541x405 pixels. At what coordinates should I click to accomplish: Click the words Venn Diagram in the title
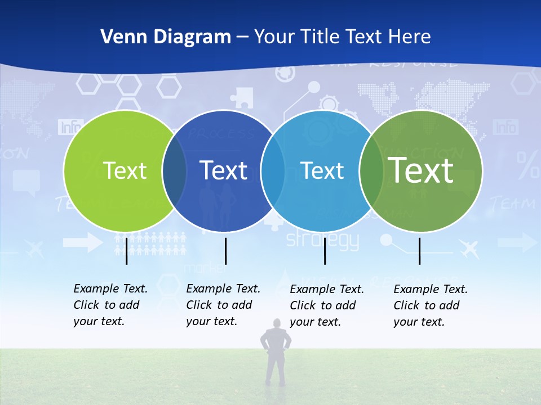coord(166,37)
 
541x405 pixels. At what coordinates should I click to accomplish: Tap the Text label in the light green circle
coord(125,170)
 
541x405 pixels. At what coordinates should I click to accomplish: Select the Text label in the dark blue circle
coord(224,170)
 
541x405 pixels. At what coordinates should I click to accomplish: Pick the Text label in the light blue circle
coord(322,170)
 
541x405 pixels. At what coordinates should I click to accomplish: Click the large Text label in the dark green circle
coord(421,170)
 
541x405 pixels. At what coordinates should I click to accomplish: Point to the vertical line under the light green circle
coord(126,251)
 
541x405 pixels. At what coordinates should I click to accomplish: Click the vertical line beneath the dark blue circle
coord(225,251)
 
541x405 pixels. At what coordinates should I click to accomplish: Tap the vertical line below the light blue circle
coord(325,251)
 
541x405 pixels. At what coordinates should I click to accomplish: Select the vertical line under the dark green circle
coord(420,251)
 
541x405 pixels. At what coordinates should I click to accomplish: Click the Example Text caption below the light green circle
coord(110,305)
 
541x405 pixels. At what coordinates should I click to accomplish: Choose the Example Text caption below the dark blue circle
coord(223,305)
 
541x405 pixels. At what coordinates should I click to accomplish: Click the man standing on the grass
coord(276,352)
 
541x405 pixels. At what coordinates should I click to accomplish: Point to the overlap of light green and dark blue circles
coord(174,171)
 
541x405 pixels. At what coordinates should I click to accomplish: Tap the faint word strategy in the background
coord(322,240)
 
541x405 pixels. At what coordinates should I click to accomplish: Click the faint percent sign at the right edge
coord(528,165)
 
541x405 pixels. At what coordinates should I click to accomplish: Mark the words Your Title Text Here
coord(343,37)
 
